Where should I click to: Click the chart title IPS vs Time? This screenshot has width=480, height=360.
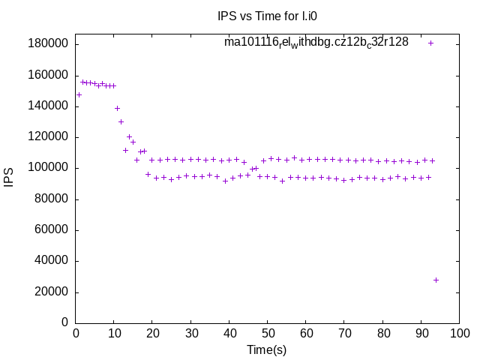tap(256, 15)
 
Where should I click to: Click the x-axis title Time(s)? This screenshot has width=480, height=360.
tap(267, 349)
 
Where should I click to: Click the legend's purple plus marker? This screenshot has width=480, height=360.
tap(430, 43)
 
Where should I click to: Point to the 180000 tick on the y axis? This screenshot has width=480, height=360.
tap(49, 43)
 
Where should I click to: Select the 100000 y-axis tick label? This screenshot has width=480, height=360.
tap(49, 167)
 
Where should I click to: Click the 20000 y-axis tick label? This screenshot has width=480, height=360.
tap(52, 292)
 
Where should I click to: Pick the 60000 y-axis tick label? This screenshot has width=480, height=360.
tap(52, 229)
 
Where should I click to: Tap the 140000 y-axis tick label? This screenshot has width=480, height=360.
tap(49, 106)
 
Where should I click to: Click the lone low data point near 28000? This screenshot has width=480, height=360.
tap(436, 280)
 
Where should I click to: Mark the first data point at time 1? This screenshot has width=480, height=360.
tap(79, 94)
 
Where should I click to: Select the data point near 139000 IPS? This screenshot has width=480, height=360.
tap(117, 108)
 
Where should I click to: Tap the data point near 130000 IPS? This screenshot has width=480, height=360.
tap(121, 121)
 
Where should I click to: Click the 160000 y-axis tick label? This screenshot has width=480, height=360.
tap(49, 75)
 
